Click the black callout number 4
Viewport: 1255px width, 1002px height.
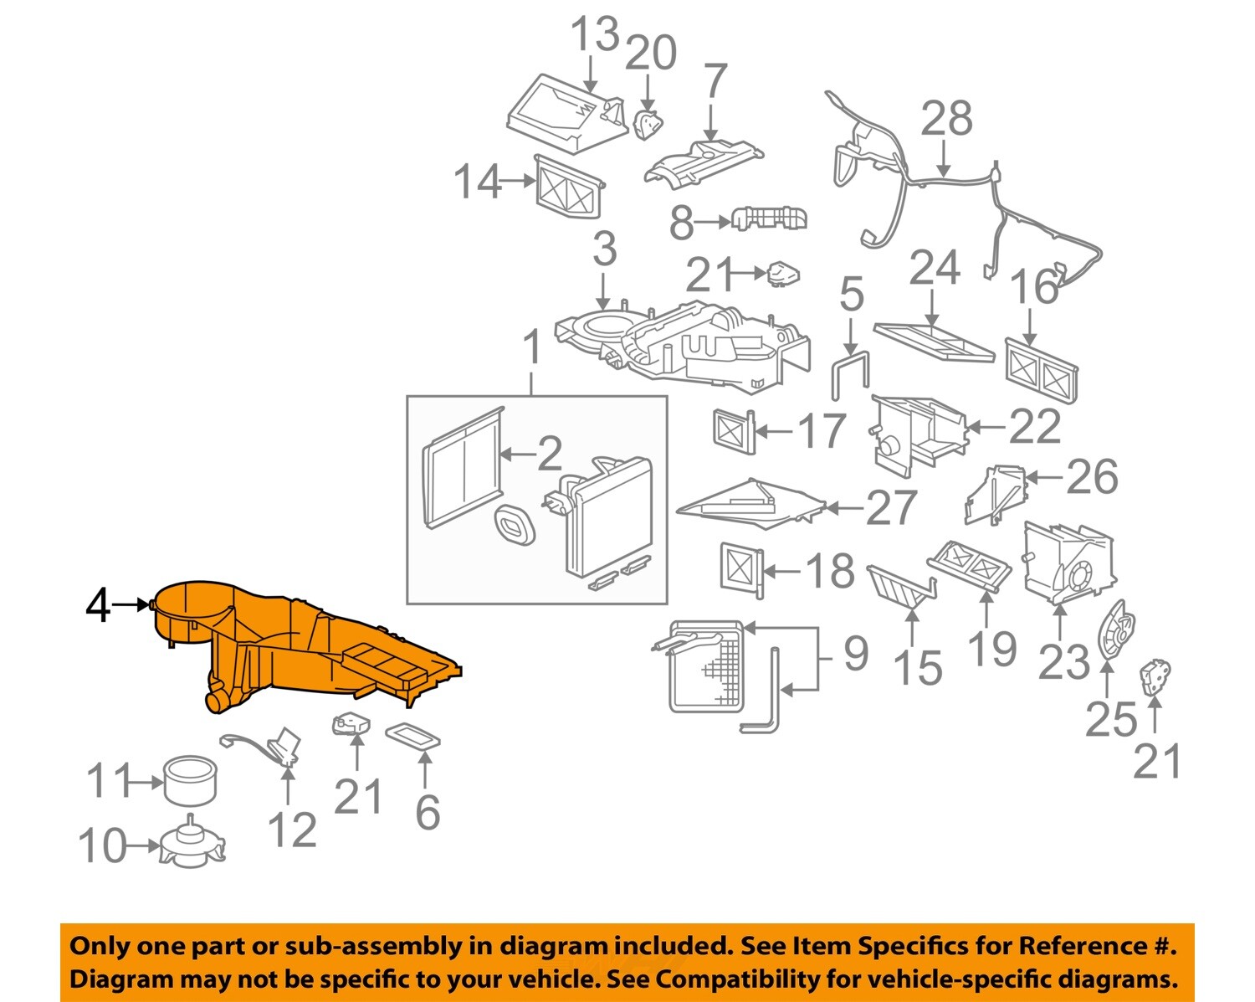(x=98, y=605)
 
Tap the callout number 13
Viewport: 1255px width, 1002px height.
(x=594, y=35)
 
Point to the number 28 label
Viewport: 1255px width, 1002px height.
(x=946, y=118)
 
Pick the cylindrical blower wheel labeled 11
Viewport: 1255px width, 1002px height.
(x=190, y=779)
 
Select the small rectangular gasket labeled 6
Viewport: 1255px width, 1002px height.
(x=412, y=737)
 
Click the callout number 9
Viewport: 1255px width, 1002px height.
(x=855, y=653)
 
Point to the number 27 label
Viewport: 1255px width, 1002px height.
(x=891, y=507)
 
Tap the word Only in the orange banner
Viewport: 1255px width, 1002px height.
(x=99, y=946)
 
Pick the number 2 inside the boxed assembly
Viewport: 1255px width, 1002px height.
(x=549, y=455)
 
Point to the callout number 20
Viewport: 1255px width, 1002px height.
(x=651, y=54)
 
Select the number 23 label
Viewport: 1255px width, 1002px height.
(x=1064, y=662)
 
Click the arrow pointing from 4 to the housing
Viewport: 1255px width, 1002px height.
(x=132, y=604)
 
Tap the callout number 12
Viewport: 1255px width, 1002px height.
(x=292, y=830)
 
